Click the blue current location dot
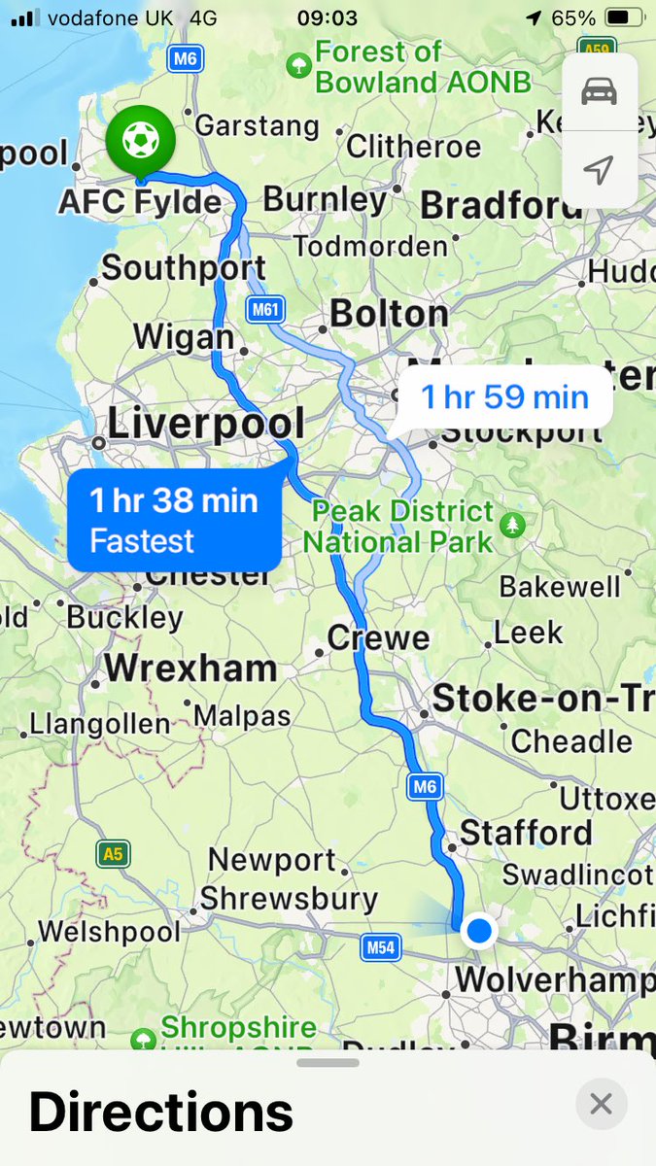(478, 931)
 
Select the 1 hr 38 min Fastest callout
(175, 521)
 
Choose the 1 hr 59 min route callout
(504, 396)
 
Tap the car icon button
(600, 92)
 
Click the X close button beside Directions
(601, 1104)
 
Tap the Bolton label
(389, 313)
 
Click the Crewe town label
(378, 637)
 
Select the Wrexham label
(190, 669)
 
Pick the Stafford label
(526, 833)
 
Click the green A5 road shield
(114, 854)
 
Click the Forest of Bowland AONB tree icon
(298, 65)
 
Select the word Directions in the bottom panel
(161, 1112)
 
